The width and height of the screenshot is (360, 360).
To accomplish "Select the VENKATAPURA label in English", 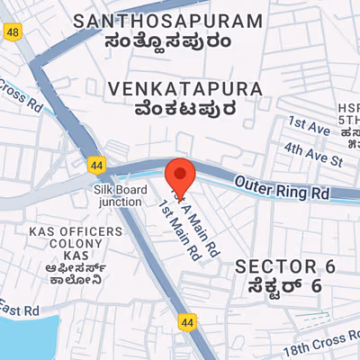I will pos(184,89).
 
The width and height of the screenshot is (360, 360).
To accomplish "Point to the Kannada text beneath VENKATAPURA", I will pos(184,110).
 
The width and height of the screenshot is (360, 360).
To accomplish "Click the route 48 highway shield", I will pos(12,32).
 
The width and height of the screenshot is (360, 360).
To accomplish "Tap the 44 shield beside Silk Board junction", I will pos(96,165).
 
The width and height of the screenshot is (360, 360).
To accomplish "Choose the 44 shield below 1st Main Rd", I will pos(186,321).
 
